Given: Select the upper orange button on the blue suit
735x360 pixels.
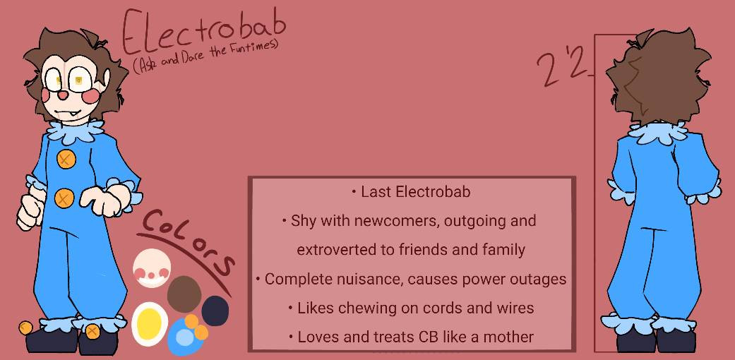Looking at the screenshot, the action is click(x=66, y=159).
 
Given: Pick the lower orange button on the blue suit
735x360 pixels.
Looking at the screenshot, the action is click(x=64, y=198).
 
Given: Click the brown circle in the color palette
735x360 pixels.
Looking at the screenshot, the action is click(x=184, y=294).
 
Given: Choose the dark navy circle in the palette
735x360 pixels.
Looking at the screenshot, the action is click(x=215, y=311).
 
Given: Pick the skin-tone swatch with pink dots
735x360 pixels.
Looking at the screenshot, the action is click(x=151, y=268).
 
